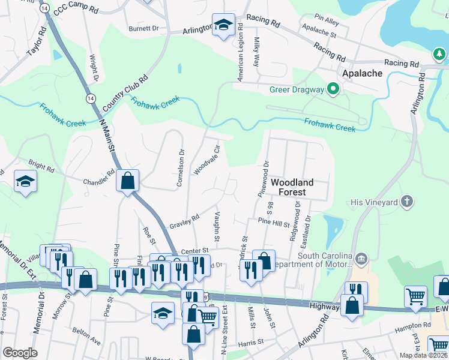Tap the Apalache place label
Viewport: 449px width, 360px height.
362,73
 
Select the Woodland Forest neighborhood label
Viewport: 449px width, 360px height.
292,187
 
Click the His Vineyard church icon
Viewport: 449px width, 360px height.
407,202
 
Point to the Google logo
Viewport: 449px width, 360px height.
20,353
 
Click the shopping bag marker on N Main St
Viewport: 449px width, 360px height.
128,180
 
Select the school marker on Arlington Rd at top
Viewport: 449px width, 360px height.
224,25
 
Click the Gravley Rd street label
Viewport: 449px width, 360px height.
184,223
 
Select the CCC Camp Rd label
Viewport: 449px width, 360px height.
76,10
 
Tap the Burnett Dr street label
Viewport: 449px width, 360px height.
143,28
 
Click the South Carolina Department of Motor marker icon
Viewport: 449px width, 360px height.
361,259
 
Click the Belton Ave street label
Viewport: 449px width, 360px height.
88,337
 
